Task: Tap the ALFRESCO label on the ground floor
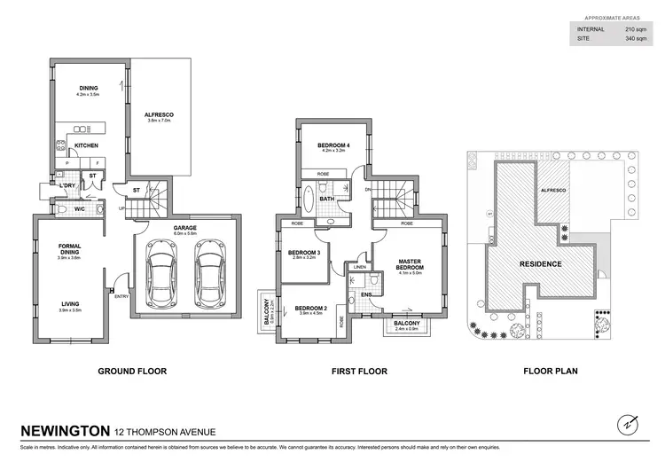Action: [161, 114]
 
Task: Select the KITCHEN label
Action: [86, 145]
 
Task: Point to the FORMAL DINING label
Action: [69, 250]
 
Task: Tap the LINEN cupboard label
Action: [360, 266]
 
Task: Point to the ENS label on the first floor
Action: [365, 294]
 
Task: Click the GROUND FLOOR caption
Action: [132, 371]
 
